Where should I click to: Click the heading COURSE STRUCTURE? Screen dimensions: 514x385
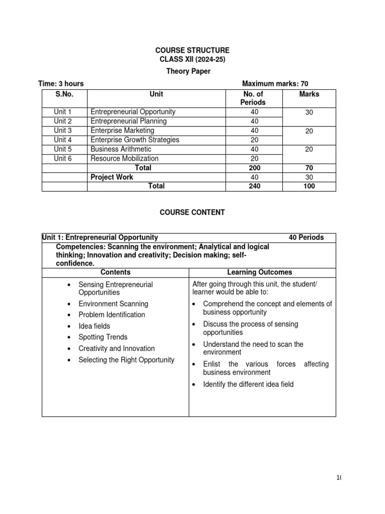192,50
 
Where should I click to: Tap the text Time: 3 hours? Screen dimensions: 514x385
61,84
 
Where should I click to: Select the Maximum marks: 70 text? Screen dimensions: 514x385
275,84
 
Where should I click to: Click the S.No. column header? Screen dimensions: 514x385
65,94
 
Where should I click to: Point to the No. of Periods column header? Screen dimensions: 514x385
254,98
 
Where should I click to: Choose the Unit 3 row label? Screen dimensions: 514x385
63,131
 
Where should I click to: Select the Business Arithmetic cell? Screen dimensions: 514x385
121,149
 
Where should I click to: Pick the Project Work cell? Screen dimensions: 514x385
112,177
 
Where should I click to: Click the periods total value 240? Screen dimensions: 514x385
254,186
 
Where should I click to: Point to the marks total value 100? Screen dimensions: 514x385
309,186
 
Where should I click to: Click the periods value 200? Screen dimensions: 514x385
254,168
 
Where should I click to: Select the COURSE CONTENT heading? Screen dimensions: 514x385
192,212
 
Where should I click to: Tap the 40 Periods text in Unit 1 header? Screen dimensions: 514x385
306,237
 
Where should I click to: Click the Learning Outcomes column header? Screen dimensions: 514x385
260,272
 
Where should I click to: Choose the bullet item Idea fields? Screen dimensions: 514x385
94,326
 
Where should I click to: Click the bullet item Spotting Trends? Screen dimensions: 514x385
103,337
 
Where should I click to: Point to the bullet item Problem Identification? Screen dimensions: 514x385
112,315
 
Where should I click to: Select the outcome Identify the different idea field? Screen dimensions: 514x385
248,384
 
